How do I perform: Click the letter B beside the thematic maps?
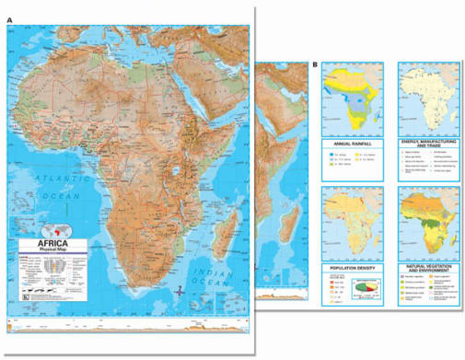point(315,64)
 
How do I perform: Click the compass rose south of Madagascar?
point(180,291)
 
